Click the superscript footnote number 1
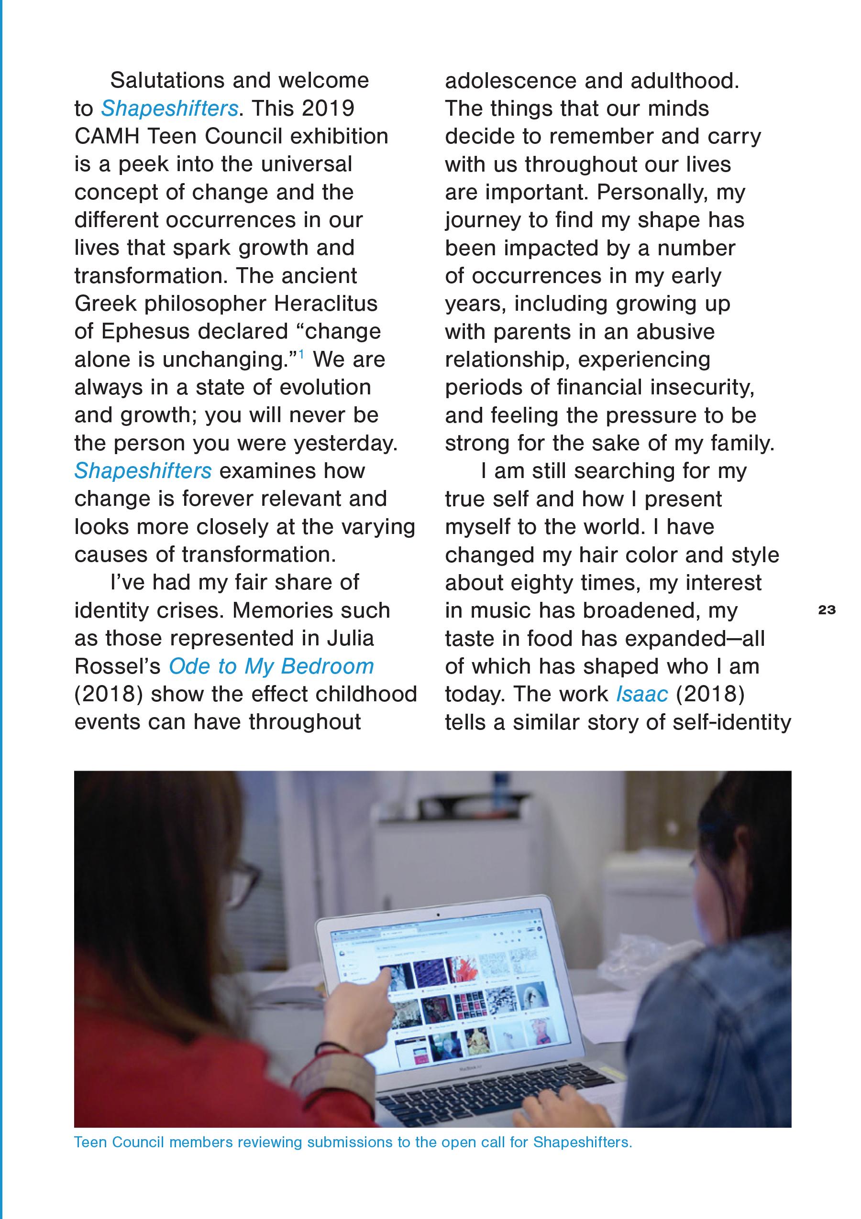pos(301,354)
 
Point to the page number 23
pos(827,610)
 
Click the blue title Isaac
pos(641,694)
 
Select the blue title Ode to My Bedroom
pos(271,666)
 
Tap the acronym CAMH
pos(107,136)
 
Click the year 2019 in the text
pos(327,109)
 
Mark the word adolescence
pos(510,81)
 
